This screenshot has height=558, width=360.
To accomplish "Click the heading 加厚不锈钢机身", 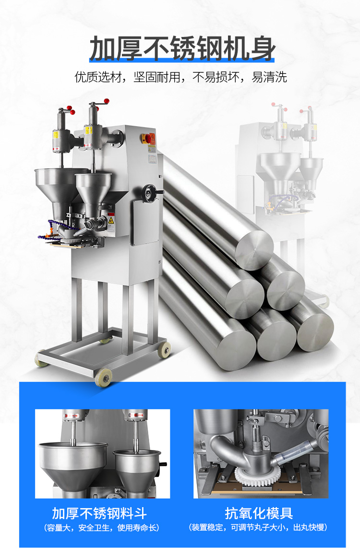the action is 182,48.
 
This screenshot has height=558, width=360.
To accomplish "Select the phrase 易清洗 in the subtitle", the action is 269,77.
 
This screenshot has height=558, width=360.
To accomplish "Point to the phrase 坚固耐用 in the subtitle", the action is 157,77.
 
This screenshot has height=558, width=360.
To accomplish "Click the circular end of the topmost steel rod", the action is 254,250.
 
